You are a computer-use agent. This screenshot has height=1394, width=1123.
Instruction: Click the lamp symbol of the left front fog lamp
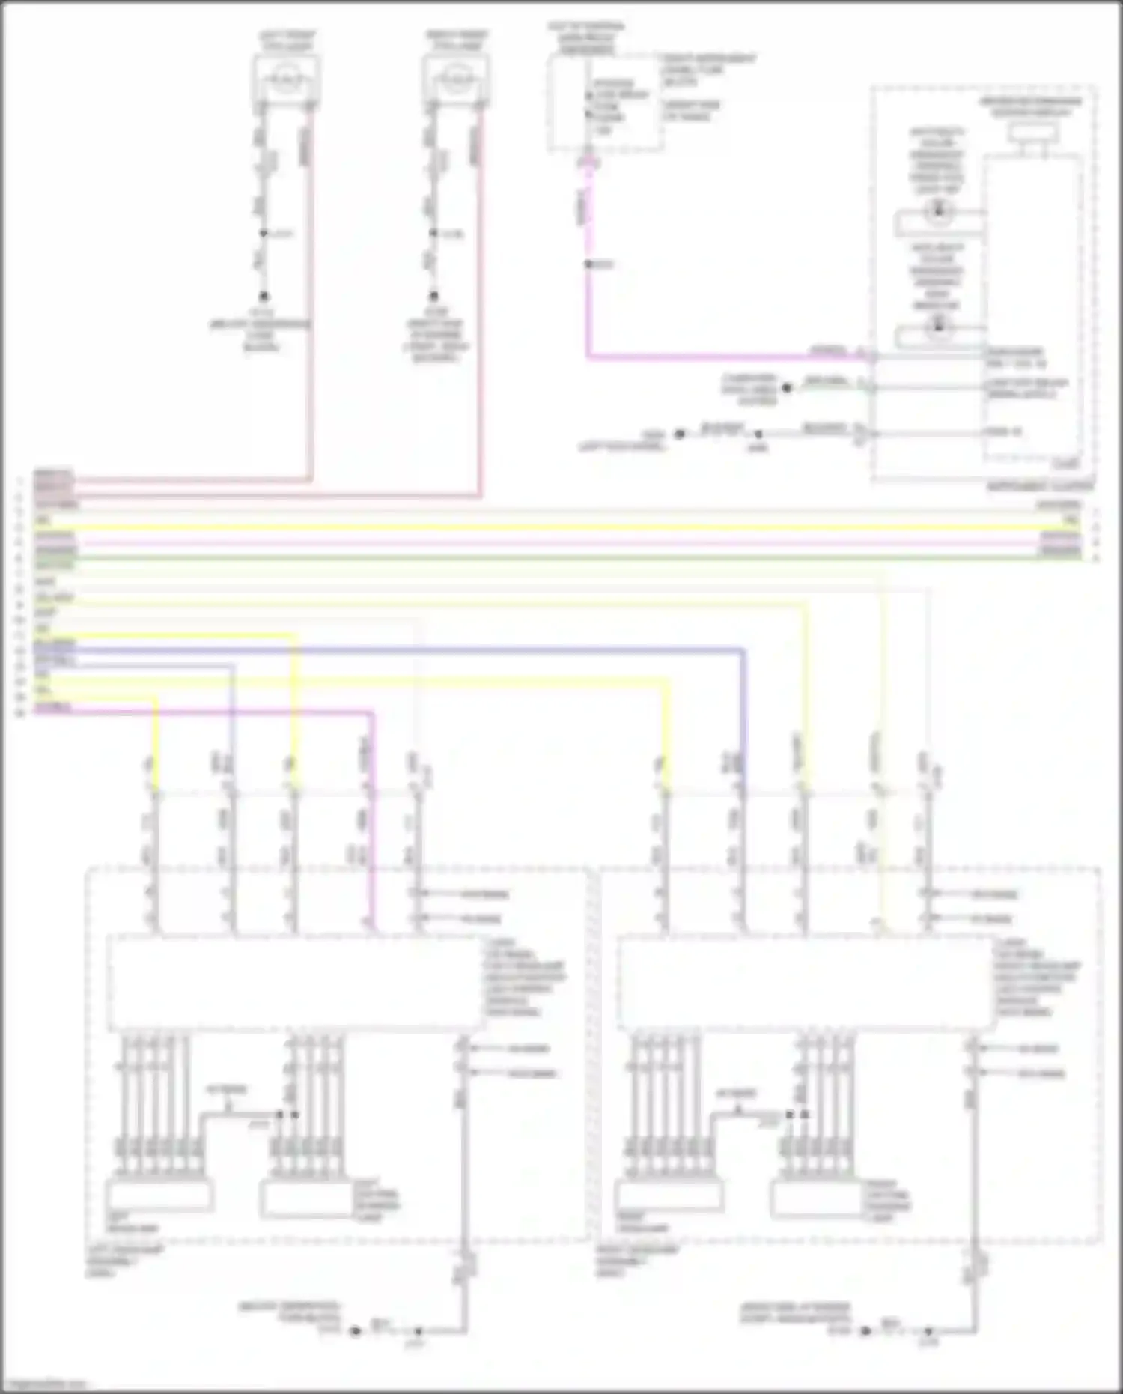pos(287,78)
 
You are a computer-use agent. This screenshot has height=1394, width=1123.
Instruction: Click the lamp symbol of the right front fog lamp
pos(456,78)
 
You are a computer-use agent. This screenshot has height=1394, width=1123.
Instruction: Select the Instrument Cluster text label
pos(1040,487)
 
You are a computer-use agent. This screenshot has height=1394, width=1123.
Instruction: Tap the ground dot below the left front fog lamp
pos(264,297)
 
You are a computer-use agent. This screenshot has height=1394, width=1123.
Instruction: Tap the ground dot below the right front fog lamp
pos(433,297)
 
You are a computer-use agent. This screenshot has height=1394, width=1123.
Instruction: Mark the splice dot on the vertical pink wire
pos(588,264)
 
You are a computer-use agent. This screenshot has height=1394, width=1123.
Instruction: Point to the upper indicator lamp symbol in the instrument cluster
pos(936,211)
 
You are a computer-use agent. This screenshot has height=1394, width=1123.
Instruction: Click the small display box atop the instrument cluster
pos(1034,133)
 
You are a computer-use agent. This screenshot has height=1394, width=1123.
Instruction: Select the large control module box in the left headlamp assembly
pos(295,982)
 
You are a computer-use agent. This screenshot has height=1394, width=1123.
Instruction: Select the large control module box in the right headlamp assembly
pos(806,982)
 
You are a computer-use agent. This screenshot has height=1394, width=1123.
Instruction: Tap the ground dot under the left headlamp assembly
pos(356,1332)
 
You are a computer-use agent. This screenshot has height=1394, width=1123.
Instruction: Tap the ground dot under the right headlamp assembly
pos(865,1332)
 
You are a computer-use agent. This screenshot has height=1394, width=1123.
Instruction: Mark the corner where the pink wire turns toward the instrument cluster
pos(588,357)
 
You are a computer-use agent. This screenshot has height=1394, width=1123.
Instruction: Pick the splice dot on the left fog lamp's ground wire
pos(264,234)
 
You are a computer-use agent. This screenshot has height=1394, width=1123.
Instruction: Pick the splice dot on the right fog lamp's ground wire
pos(433,234)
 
